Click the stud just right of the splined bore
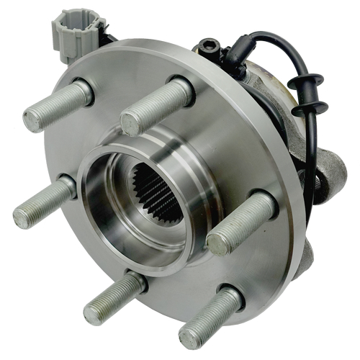click(241, 223)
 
